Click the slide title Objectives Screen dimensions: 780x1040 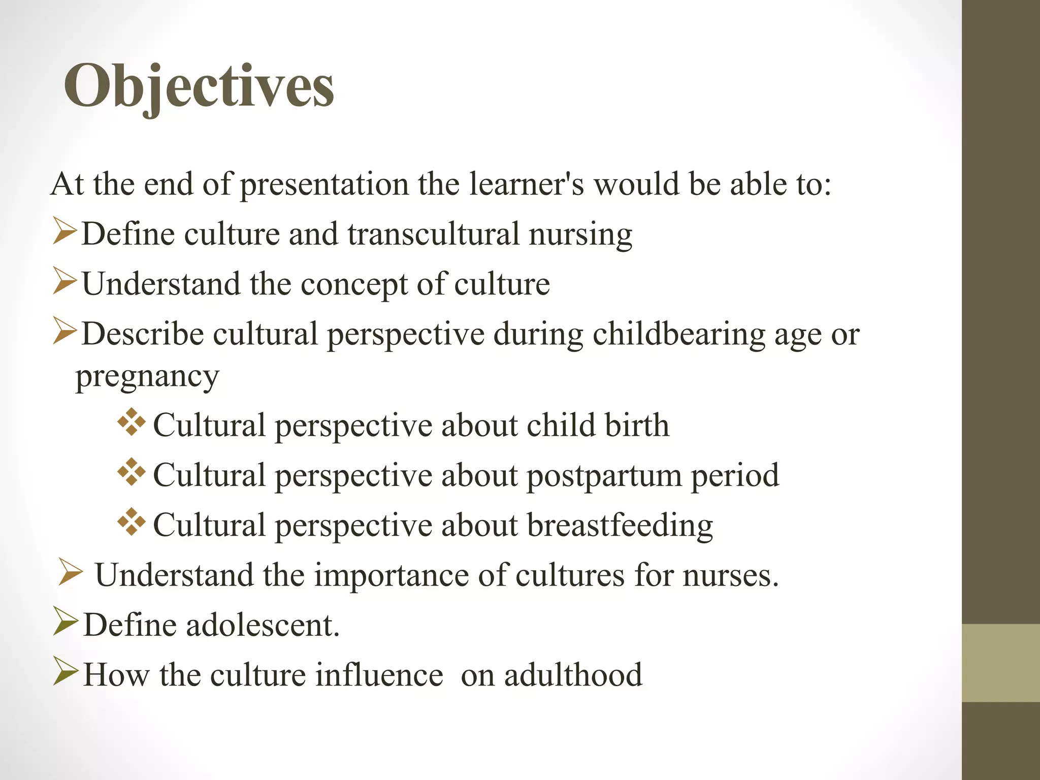[199, 86]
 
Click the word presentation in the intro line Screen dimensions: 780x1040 [324, 184]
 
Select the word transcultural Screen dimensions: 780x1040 [434, 234]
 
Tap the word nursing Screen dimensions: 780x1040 [580, 235]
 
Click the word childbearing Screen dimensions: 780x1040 [678, 335]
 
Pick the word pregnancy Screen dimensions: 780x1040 [147, 377]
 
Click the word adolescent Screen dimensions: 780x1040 [263, 625]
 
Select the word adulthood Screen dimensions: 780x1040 [573, 675]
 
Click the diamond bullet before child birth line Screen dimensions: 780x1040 [132, 422]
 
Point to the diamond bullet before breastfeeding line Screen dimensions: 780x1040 [132, 522]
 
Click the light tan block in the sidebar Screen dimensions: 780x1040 [1001, 663]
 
